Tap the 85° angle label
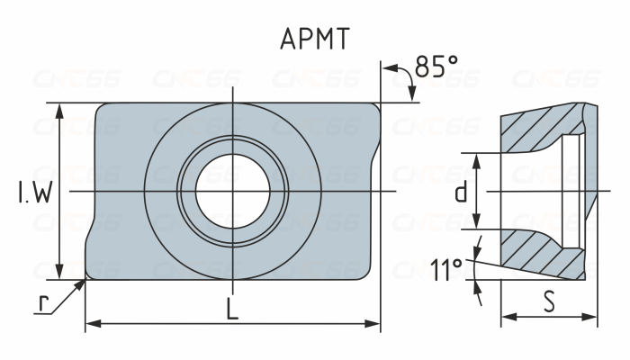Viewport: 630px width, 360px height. (x=436, y=67)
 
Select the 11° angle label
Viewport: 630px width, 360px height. (x=447, y=269)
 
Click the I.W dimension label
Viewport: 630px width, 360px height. (x=33, y=192)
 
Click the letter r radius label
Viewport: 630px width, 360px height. (x=42, y=303)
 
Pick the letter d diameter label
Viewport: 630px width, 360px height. (x=460, y=192)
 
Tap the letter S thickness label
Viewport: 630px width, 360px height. (x=549, y=301)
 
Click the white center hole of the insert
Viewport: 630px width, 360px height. (x=232, y=191)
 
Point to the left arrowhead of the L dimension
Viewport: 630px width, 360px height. (x=91, y=322)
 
